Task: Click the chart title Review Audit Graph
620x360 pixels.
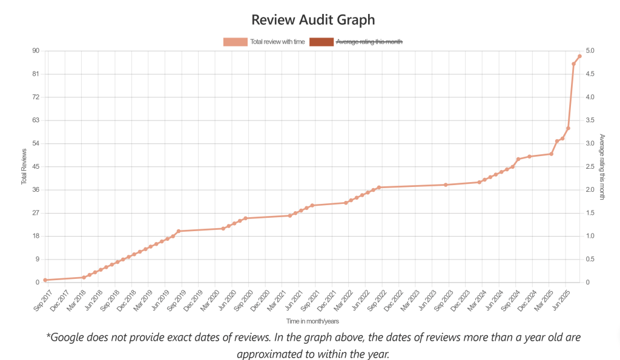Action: [x=313, y=19]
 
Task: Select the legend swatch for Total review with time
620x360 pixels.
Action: [x=236, y=42]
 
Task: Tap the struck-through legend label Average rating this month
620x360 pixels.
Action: [x=369, y=42]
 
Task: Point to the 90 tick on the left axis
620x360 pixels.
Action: [x=35, y=51]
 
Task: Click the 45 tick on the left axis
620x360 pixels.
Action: [x=35, y=167]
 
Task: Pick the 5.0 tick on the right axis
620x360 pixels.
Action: [x=590, y=51]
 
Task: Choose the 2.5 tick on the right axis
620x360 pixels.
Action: [x=590, y=167]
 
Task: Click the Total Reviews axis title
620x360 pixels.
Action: [x=24, y=166]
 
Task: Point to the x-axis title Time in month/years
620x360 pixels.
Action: [x=312, y=321]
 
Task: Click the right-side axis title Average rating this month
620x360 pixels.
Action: [x=602, y=166]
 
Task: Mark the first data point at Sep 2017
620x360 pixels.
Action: [x=45, y=280]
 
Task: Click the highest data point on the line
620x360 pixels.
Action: [x=579, y=56]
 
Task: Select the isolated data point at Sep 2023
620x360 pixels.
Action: [x=446, y=185]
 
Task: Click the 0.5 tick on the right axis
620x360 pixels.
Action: [x=590, y=260]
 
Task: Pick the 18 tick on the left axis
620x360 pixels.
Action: [x=35, y=237]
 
